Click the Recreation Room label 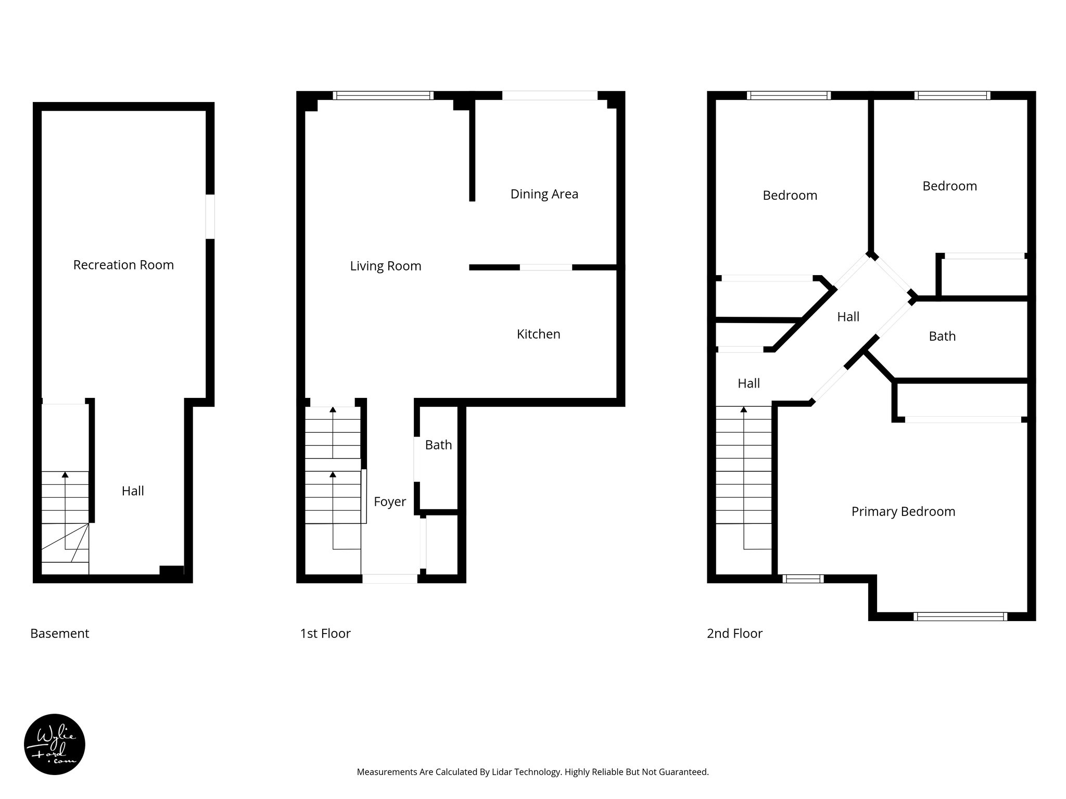[123, 265]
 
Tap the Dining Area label [544, 194]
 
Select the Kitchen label [538, 334]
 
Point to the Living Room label [385, 266]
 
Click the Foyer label [389, 501]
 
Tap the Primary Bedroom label [903, 511]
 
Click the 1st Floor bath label [438, 445]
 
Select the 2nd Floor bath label [942, 336]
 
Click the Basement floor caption [60, 633]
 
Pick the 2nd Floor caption [734, 633]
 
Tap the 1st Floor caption [325, 633]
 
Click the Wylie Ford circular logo [55, 744]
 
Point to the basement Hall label [133, 491]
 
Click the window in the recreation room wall [210, 216]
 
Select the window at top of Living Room [383, 95]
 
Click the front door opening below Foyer [390, 578]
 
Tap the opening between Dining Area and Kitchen [546, 267]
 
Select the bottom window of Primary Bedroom [960, 616]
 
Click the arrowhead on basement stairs [65, 474]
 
